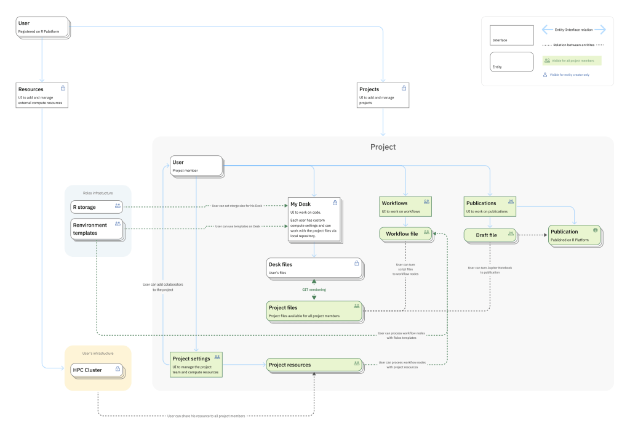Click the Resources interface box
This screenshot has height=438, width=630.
pos(42,95)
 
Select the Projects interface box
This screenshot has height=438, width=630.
pos(383,95)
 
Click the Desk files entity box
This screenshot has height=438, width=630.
pos(314,267)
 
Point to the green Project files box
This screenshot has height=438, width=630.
pos(314,310)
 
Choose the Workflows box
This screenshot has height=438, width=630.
pos(405,206)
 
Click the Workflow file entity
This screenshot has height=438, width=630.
pos(406,234)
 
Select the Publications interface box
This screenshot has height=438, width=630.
pos(490,206)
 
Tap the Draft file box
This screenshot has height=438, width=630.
pos(490,235)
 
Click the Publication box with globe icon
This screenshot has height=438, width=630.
pos(575,235)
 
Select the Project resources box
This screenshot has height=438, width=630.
pos(314,365)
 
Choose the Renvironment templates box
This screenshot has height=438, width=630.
pos(97,229)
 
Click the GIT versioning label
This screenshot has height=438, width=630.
pos(314,290)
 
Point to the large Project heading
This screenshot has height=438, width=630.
pos(383,147)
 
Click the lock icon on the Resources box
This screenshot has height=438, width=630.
pos(63,89)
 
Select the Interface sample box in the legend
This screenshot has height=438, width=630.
pos(511,35)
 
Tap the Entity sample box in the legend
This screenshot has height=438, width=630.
pos(511,62)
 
